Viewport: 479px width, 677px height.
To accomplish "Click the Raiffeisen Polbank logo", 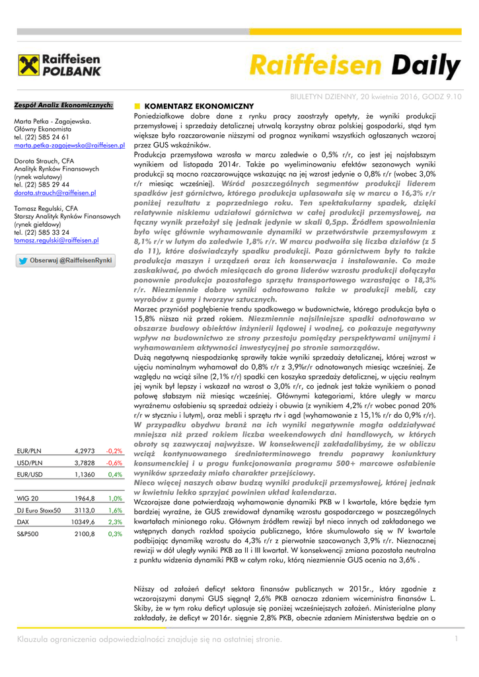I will pyautogui.click(x=59, y=65).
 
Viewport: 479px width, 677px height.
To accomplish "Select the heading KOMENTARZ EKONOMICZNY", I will pyautogui.click(x=198, y=106).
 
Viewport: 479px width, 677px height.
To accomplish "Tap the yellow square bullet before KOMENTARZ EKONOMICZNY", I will pyautogui.click(x=137, y=106).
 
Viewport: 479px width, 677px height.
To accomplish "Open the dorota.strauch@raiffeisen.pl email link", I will pyautogui.click(x=55, y=192).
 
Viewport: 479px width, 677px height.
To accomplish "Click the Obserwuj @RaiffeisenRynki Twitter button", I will pyautogui.click(x=65, y=260).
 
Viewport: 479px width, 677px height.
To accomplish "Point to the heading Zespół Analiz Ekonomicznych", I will pyautogui.click(x=63, y=105).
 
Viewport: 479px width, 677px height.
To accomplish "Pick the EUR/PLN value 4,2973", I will pyautogui.click(x=85, y=451).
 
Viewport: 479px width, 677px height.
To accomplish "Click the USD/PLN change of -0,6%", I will pyautogui.click(x=114, y=463).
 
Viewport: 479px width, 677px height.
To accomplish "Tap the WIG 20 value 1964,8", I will pyautogui.click(x=85, y=498).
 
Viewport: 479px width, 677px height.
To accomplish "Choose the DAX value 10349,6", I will pyautogui.click(x=83, y=522).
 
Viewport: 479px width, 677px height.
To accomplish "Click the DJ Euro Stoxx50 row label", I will pyautogui.click(x=38, y=510).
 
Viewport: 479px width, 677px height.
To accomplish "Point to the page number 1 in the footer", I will pyautogui.click(x=456, y=638).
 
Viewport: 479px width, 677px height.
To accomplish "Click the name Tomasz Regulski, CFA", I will pyautogui.click(x=47, y=208).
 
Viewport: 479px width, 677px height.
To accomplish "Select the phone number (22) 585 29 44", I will pyautogui.click(x=46, y=184).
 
